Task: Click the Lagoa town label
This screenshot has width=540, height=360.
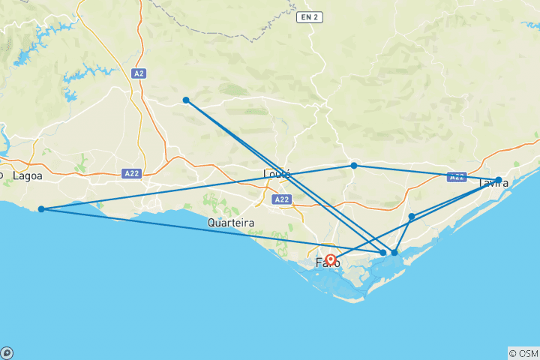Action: [x=27, y=175]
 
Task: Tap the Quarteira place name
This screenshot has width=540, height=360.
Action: [x=231, y=223]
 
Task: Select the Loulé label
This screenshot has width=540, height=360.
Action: [x=276, y=174]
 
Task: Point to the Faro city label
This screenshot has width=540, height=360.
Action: [x=327, y=262]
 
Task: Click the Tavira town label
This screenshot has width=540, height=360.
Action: [x=493, y=182]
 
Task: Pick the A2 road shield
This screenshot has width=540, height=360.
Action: [x=138, y=73]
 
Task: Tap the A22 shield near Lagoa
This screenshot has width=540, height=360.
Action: [x=131, y=173]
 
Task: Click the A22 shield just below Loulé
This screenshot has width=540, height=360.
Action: [x=282, y=199]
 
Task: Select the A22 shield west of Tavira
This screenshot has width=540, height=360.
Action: [x=456, y=177]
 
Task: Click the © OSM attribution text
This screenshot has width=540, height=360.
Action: [x=523, y=353]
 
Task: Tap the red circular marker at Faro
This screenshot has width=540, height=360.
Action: [x=331, y=259]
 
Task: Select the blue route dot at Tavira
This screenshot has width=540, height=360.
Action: [x=499, y=180]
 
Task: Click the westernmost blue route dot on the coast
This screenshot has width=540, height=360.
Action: [x=41, y=209]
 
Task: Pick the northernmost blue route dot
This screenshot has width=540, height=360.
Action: [x=186, y=100]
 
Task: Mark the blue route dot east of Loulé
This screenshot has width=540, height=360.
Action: [x=354, y=165]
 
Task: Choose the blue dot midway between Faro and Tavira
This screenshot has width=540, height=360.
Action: [x=412, y=216]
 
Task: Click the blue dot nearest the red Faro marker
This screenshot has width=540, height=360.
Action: [x=383, y=253]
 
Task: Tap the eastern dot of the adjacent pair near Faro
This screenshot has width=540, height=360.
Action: [x=394, y=253]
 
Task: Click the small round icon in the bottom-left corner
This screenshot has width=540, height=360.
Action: [x=7, y=352]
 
